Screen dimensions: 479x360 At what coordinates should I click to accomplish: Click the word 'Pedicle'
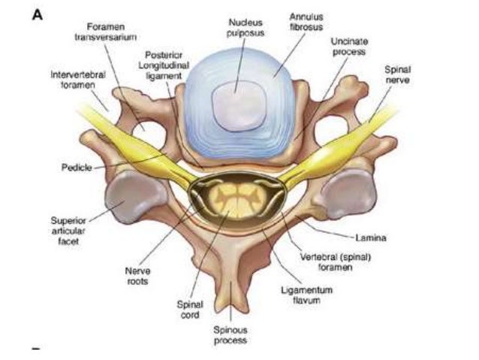coord(77,168)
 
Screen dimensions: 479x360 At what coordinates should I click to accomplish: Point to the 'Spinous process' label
coord(230,335)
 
